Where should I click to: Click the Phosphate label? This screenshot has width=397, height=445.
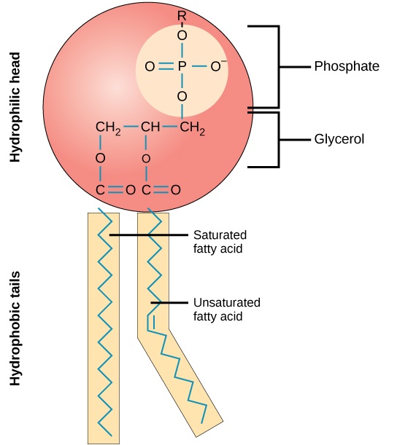coord(346,66)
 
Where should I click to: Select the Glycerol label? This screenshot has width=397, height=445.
coord(339,138)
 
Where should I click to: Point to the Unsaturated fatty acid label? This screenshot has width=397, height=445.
coord(226,309)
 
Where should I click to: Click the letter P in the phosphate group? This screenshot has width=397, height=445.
coord(182,67)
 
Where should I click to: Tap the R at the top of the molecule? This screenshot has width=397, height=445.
coord(182,15)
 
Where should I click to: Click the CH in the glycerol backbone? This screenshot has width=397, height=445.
coord(150,129)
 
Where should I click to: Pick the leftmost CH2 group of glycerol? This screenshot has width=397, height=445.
coord(107,129)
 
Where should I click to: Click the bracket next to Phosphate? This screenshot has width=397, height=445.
coord(277,66)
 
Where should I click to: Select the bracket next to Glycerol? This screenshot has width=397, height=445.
coord(277,138)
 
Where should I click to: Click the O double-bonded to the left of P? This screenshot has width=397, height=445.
coord(150,67)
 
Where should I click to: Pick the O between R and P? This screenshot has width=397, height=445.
coord(182,35)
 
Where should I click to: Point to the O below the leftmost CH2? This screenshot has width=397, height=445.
coord(100,157)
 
